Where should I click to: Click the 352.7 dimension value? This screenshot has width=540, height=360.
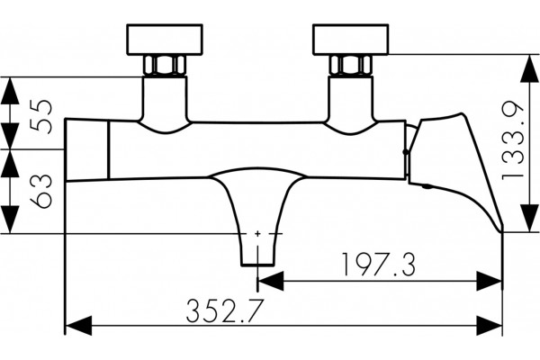click(x=225, y=310)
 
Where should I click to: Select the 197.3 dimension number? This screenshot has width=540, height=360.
click(x=379, y=265)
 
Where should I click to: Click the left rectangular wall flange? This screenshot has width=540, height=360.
click(x=165, y=40)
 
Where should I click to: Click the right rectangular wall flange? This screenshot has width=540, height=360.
click(x=351, y=40)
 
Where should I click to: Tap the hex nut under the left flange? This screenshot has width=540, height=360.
click(x=165, y=65)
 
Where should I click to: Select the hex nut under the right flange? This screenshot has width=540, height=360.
click(x=351, y=65)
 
